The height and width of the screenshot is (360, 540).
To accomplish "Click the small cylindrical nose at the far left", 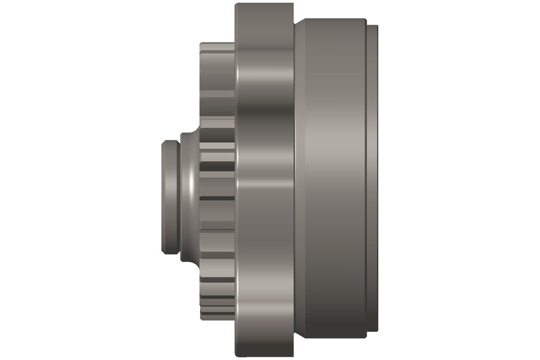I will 170,196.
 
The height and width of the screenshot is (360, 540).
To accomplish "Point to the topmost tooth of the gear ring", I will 217,47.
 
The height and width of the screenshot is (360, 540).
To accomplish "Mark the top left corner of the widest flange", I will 236,5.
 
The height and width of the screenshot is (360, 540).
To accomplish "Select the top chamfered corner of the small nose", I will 165,143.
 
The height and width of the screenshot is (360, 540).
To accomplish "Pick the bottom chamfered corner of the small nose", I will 165,250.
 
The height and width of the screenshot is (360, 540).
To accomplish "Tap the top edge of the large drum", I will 331,20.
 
